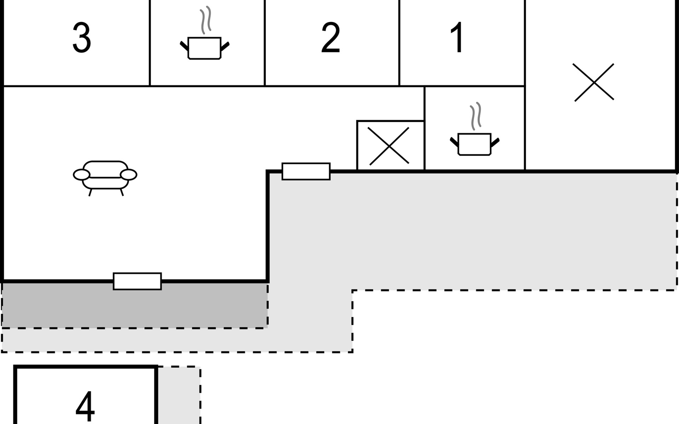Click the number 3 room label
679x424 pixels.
82,37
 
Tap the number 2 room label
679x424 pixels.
331,37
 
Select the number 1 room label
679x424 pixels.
457,37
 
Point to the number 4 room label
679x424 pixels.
85,406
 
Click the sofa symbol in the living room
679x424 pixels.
105,178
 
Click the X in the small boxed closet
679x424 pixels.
389,146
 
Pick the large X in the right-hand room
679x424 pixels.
594,82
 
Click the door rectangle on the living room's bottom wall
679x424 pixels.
137,281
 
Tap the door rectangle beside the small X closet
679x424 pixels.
306,171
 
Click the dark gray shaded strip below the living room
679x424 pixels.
134,305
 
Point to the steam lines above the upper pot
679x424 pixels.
205,20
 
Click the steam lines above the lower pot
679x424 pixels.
476,116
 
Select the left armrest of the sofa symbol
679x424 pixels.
82,175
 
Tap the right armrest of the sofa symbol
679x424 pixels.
128,175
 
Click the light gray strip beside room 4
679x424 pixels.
179,395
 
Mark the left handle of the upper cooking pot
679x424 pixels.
184,46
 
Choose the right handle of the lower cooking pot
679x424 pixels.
495,142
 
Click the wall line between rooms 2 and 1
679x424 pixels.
399,43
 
